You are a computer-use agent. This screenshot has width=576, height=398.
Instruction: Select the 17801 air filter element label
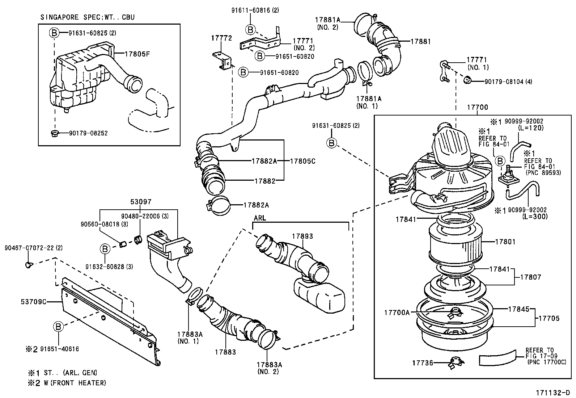coord(505,242)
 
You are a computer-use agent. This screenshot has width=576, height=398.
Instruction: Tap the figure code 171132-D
coord(553,393)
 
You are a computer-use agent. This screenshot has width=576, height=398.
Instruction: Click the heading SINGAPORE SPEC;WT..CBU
coord(88,17)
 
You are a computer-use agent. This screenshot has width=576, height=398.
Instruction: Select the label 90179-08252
coord(88,133)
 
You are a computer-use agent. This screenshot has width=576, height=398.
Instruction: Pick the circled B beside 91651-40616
coord(58,326)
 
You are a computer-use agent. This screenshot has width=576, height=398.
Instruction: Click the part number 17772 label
coord(221,38)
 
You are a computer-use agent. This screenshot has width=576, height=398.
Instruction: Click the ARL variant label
coord(259,218)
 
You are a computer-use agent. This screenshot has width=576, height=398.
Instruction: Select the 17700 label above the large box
coord(477,107)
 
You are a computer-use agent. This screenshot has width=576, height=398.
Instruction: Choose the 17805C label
coord(302,161)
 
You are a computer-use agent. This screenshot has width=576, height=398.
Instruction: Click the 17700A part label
coord(397,312)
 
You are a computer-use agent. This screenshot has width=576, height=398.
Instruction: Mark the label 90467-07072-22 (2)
coord(29,248)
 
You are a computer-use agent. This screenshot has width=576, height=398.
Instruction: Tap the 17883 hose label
coord(225,352)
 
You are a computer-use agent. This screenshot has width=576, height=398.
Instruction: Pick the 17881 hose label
coord(420,41)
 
